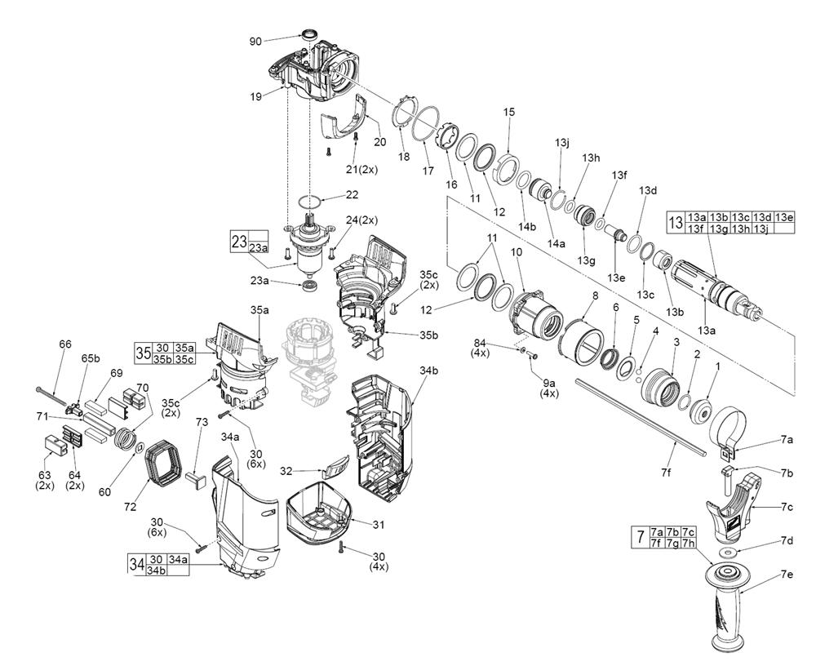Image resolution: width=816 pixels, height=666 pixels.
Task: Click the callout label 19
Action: [255, 96]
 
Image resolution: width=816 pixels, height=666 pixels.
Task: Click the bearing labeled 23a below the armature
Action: [310, 286]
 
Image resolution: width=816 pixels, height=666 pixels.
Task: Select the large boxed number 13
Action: [676, 222]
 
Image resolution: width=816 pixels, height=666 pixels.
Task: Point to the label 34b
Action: [430, 371]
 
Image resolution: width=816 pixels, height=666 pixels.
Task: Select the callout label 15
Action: [509, 112]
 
